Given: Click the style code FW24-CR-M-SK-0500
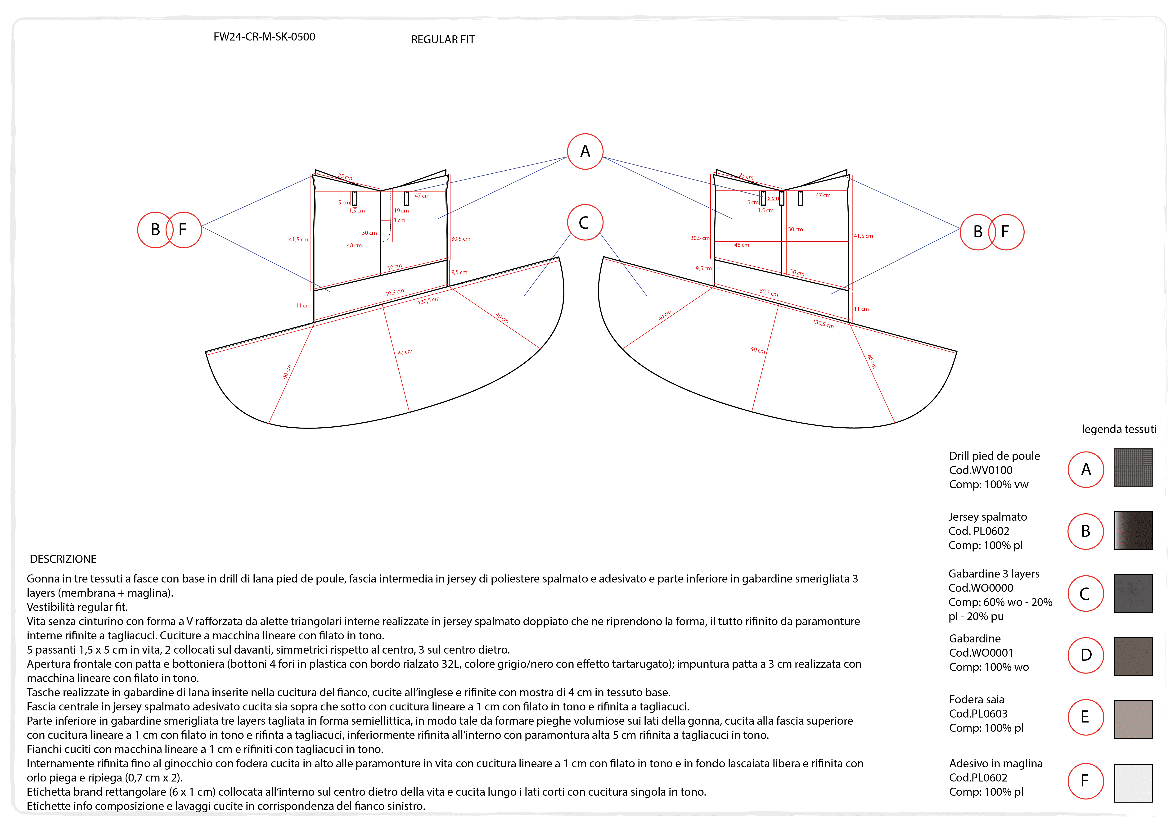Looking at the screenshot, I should tap(264, 37).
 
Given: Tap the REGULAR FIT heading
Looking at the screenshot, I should tap(443, 39).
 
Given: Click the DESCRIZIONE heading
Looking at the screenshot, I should tap(63, 559).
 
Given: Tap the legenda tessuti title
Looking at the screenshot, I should tap(1119, 429).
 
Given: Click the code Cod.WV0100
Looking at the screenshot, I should tap(981, 470).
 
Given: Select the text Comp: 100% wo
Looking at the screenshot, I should tap(989, 667).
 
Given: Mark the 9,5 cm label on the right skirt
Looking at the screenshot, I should tap(703, 269).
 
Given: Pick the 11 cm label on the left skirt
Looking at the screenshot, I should tap(302, 306).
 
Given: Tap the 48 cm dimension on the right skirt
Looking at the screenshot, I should tap(742, 245).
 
